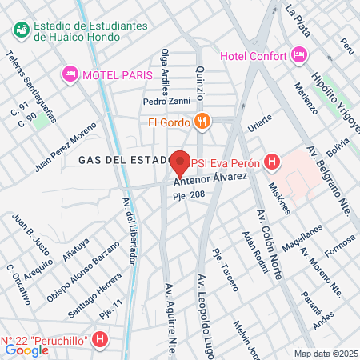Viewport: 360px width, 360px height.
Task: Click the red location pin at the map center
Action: (x=180, y=163)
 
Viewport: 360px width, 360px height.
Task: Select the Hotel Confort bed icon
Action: (x=300, y=55)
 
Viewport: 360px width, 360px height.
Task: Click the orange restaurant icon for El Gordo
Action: (x=202, y=122)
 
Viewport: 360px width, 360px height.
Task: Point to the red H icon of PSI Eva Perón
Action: (x=273, y=162)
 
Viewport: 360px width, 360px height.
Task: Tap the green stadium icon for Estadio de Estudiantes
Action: (x=21, y=30)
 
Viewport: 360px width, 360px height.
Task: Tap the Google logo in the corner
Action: (x=26, y=350)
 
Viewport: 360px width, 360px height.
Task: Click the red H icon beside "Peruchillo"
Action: (x=100, y=342)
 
